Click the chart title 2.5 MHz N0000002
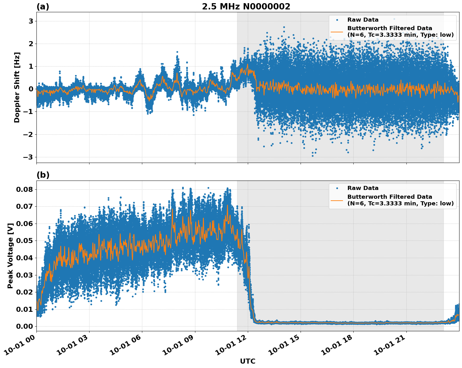[246, 7]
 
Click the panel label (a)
[43, 7]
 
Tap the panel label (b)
[43, 175]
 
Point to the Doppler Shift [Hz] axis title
[17, 87]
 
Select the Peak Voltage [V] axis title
[10, 256]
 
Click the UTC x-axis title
[247, 361]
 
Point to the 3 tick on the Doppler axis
[31, 21]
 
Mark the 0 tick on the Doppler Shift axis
[31, 89]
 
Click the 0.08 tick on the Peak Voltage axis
[24, 189]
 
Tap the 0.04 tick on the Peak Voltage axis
[24, 258]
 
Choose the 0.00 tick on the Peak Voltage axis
[24, 326]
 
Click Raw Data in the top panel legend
[363, 20]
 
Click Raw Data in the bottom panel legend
[363, 188]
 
